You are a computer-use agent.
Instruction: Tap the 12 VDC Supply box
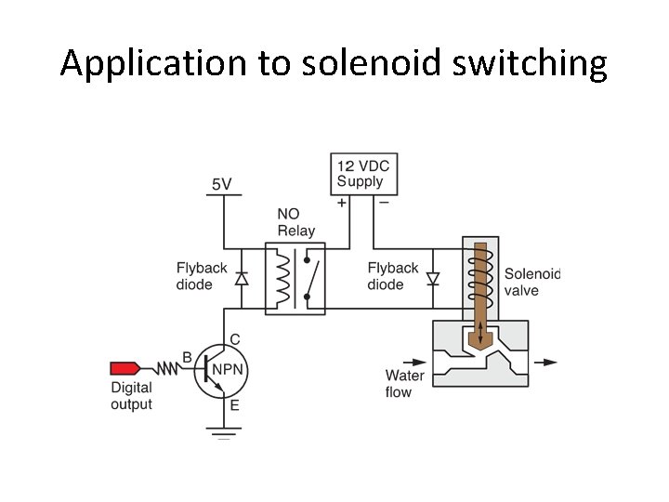pos(361,174)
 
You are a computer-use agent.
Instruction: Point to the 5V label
pos(222,184)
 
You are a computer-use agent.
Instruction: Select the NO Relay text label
pos(295,222)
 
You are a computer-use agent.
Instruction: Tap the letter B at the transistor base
pos(187,357)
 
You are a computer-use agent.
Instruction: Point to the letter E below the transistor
pos(234,405)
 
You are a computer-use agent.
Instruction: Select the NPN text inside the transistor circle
pos(228,370)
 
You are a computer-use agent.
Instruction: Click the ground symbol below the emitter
pos(223,431)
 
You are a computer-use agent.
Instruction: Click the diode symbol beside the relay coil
pos(242,278)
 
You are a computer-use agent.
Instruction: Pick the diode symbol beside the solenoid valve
pos(431,278)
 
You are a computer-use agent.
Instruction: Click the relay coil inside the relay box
pos(282,277)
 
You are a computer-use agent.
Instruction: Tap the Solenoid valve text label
pos(532,282)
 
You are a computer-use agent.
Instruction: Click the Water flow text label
pos(404,383)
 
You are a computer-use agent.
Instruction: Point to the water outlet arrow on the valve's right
pos(548,363)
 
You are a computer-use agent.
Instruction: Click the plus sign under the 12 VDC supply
pos(341,202)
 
